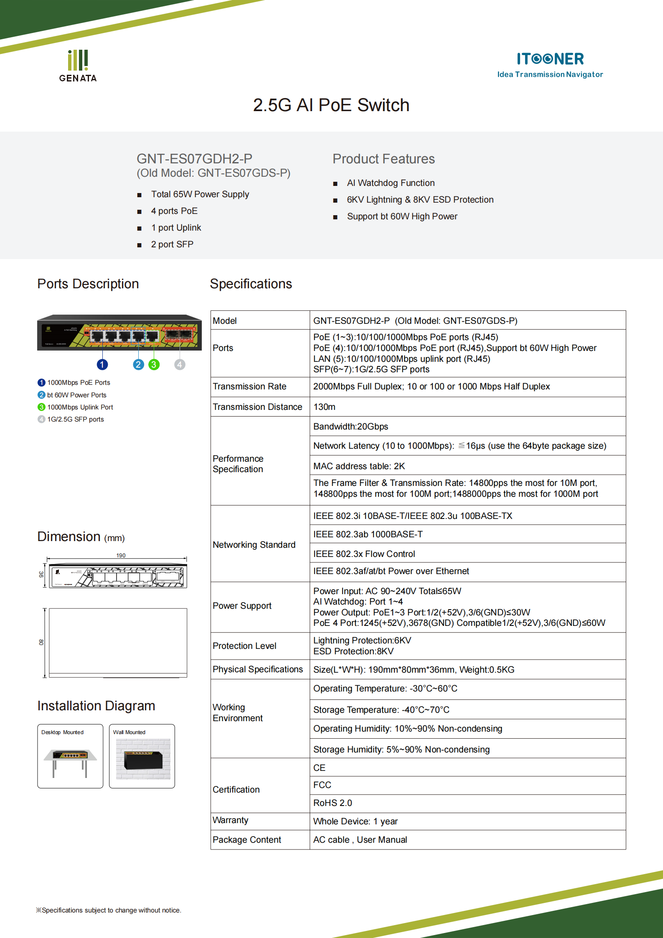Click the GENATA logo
point(78,66)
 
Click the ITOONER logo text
point(550,59)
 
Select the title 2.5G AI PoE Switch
point(331,105)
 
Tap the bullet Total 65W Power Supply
point(200,194)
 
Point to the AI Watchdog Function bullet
point(390,183)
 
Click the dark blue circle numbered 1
point(102,365)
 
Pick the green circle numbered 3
point(154,365)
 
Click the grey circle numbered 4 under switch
point(180,365)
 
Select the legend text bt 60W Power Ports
point(76,395)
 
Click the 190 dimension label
point(121,555)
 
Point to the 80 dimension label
point(41,642)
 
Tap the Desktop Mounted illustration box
point(70,756)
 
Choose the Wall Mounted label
point(129,732)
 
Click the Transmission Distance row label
point(257,407)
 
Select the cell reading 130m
point(324,407)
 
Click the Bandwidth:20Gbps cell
point(351,427)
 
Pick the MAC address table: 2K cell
point(359,466)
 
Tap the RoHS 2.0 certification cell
point(333,803)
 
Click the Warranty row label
point(230,820)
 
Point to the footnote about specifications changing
point(109,910)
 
